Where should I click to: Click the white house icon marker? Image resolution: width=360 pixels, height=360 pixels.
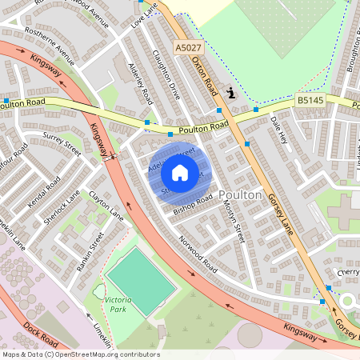[180, 172]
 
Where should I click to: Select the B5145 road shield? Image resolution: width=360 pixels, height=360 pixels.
[310, 100]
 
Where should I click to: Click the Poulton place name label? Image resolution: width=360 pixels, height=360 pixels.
[240, 194]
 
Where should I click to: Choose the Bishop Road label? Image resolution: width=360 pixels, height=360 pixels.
[193, 203]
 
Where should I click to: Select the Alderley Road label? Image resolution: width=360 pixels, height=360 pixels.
[140, 85]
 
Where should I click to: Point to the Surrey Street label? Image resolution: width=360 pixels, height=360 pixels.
[62, 149]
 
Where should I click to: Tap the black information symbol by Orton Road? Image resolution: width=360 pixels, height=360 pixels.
[232, 93]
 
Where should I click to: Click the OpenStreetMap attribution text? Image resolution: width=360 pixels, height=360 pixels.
[80, 354]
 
